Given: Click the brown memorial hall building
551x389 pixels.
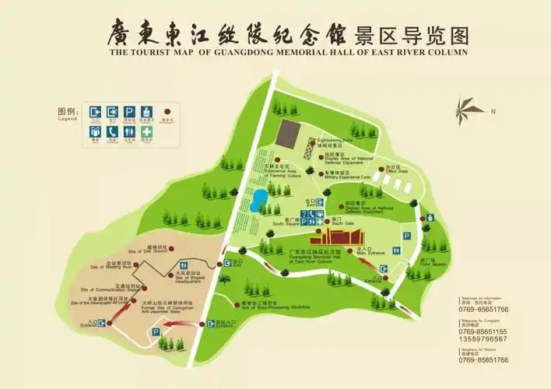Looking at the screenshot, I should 342,237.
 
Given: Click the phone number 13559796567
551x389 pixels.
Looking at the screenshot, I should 483,339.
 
